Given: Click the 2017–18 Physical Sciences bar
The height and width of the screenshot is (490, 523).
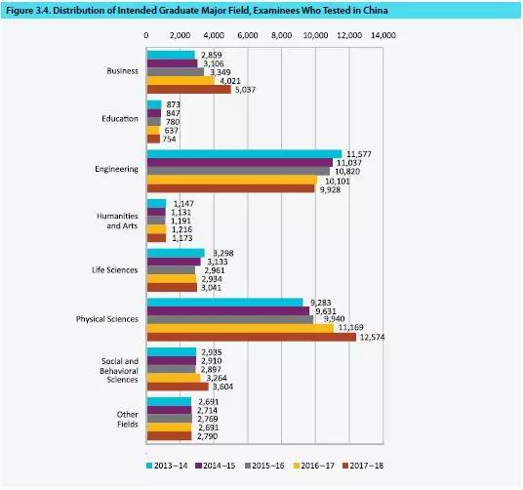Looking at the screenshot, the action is (x=252, y=337).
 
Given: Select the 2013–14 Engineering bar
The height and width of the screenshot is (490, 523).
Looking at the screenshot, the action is (x=245, y=154).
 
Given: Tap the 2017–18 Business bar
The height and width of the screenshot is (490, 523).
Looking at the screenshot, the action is (x=188, y=90).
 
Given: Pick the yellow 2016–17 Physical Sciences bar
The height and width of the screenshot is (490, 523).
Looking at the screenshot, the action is (x=240, y=328).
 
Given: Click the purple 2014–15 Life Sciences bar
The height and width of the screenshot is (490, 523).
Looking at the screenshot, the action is (x=174, y=262).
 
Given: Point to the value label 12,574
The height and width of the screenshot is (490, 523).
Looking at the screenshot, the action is (x=372, y=337).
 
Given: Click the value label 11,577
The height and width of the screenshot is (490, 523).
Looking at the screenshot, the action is (x=359, y=154).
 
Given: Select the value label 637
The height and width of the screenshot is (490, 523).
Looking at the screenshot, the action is (x=172, y=131).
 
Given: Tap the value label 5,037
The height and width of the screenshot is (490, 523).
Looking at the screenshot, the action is (x=245, y=90).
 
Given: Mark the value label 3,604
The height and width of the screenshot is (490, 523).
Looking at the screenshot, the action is (x=222, y=387).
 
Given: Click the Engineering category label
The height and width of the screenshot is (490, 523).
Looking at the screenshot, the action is (x=116, y=169).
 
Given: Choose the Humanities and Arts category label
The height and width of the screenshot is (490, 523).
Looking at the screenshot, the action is (x=117, y=221).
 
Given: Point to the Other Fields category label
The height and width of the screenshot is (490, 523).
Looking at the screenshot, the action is (x=128, y=420).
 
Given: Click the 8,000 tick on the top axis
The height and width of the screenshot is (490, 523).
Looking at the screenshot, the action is (x=282, y=35).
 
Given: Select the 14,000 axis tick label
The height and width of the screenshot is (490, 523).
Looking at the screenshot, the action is (x=383, y=35).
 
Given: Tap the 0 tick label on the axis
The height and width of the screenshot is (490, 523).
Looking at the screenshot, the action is (x=146, y=35).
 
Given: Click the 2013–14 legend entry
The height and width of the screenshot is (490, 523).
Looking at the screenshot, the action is (x=167, y=466).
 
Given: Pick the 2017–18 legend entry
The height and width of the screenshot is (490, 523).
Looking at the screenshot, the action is (x=363, y=466).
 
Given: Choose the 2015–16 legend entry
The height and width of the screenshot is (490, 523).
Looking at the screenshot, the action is (x=264, y=466).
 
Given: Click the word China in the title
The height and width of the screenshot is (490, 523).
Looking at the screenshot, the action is (x=376, y=11).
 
